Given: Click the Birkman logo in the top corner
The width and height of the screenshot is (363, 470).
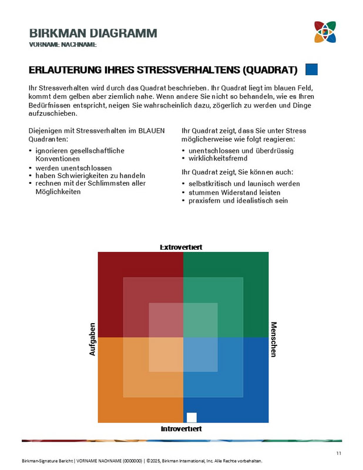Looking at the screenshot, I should [x=325, y=32].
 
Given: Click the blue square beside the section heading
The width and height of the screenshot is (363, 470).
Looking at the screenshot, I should [x=311, y=70].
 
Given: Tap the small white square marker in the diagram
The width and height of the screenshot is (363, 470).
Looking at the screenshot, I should [x=191, y=418].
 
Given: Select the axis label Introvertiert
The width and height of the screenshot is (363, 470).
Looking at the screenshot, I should [x=181, y=429].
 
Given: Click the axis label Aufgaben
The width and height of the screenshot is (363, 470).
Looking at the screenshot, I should [x=92, y=339].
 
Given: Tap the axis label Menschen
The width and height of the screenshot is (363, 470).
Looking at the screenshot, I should [x=273, y=339].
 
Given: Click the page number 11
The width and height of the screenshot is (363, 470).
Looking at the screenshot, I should [x=339, y=452].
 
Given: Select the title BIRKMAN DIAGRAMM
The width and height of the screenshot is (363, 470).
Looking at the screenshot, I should [x=93, y=33].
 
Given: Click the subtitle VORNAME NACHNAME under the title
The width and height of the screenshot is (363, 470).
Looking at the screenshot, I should [x=63, y=45].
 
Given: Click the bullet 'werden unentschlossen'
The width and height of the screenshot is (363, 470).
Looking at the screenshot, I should [x=73, y=168].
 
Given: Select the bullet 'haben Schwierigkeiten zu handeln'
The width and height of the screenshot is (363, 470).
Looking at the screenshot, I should [x=90, y=176].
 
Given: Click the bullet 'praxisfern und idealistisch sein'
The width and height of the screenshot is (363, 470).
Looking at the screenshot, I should [x=238, y=200].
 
